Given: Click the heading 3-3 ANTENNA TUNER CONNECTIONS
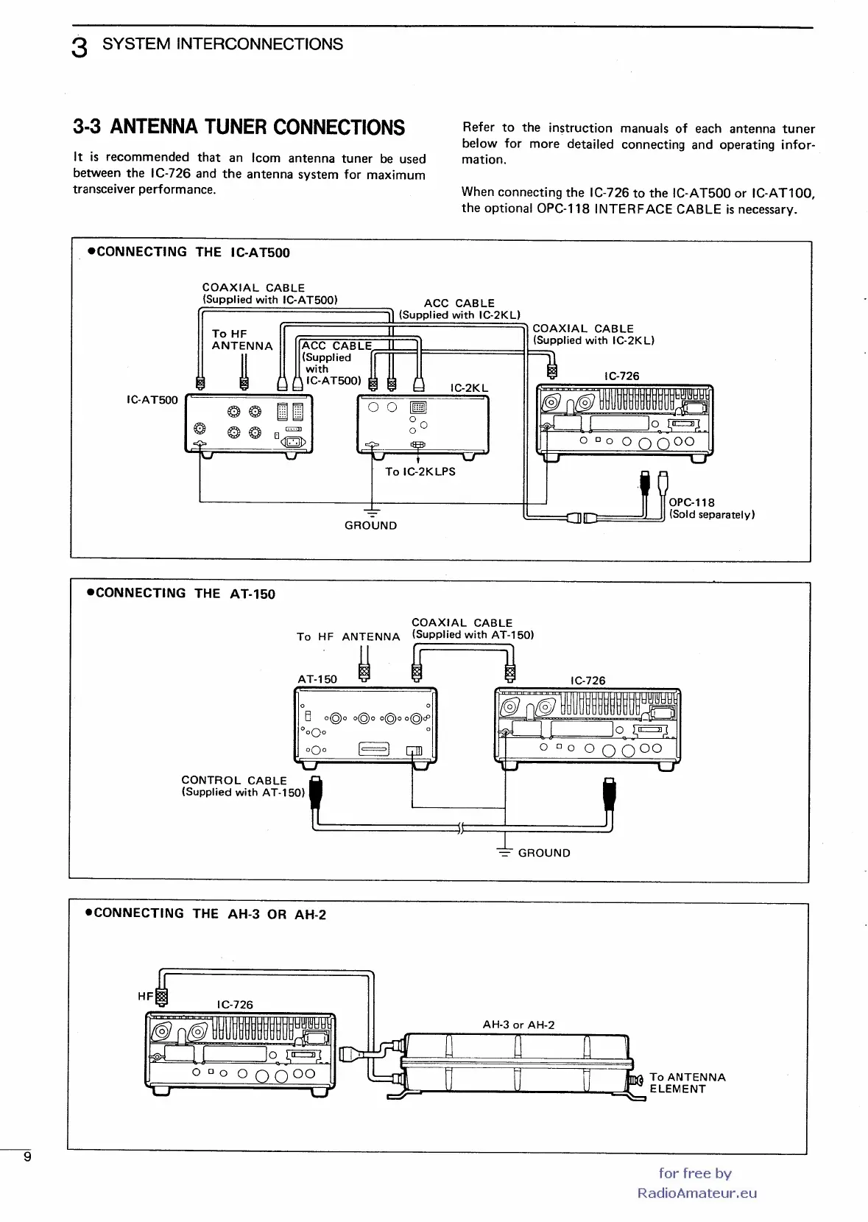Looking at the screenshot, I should point(239,127).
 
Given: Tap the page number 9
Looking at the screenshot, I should point(27,1156).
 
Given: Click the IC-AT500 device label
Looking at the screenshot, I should point(152,400).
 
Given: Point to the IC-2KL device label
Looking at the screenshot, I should point(469,387).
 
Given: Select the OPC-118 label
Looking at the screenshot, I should point(691,502).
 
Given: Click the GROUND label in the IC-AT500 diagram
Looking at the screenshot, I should point(370,525).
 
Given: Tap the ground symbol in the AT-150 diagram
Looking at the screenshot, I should point(504,851).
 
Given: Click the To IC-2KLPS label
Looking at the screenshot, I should point(420,471).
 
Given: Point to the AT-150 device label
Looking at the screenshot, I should point(317,679).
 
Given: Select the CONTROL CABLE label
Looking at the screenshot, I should point(234,780).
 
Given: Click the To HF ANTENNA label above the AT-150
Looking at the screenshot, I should point(348,636).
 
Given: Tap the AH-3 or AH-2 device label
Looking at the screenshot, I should point(518,1025).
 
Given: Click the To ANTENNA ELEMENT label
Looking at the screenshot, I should point(687,1083).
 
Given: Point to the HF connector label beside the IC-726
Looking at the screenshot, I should point(145,996).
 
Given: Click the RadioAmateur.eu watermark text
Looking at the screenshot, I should point(696,1193).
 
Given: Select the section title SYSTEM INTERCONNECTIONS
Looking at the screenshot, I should point(222,44).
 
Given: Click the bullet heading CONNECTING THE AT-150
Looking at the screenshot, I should point(181,594).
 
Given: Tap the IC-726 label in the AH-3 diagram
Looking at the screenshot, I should point(235,1005).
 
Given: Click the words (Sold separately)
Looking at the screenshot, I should point(711,515).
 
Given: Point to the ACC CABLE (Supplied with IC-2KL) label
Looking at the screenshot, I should point(459,309).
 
